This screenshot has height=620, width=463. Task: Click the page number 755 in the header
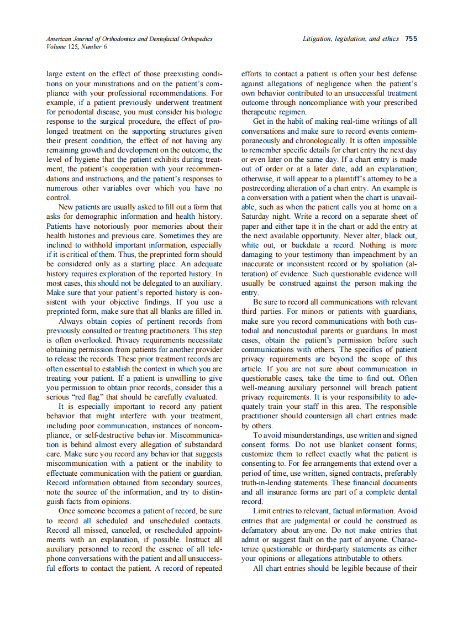[411, 39]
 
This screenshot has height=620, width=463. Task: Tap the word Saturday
[257, 217]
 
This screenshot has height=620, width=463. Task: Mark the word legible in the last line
[356, 569]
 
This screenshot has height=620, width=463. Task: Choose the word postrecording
[267, 188]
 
